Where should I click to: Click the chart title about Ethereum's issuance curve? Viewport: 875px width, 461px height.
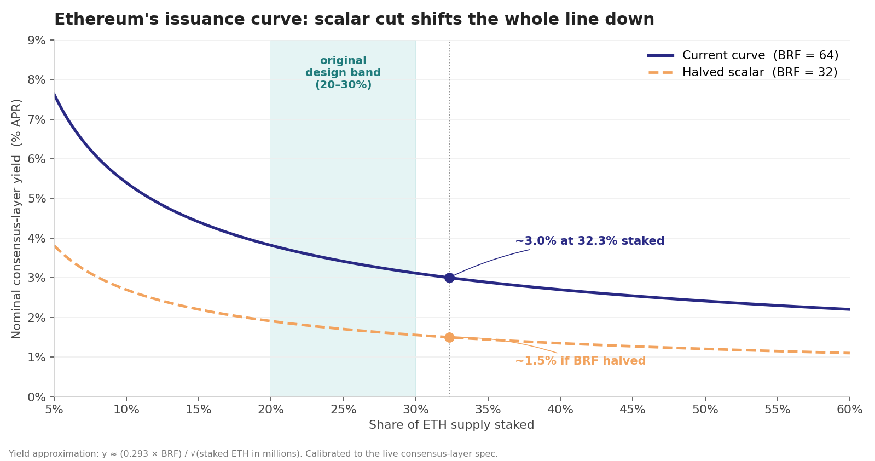point(354,19)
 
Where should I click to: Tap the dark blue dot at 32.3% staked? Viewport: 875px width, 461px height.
point(449,278)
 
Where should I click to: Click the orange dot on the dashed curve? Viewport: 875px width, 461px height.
point(449,337)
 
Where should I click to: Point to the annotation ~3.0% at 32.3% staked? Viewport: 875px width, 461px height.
point(589,241)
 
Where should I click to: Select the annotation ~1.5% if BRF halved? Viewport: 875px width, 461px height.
point(580,361)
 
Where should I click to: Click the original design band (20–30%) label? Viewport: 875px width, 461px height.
point(343,73)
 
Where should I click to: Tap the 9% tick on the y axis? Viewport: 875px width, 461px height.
point(37,40)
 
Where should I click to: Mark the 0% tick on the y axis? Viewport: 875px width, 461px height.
point(37,397)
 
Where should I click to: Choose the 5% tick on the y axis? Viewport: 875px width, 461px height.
point(37,198)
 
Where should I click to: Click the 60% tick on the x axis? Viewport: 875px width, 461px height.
point(849,410)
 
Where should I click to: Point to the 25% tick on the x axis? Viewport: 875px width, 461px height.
point(343,410)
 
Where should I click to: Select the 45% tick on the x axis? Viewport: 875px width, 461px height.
point(633,410)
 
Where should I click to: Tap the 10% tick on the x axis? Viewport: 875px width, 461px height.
point(126,410)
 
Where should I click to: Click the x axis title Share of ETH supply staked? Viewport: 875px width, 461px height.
point(451,425)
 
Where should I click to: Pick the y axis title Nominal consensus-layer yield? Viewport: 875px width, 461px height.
point(17,218)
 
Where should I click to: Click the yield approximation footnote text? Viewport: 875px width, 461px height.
point(253,453)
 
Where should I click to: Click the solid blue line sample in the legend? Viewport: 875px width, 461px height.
point(660,55)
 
